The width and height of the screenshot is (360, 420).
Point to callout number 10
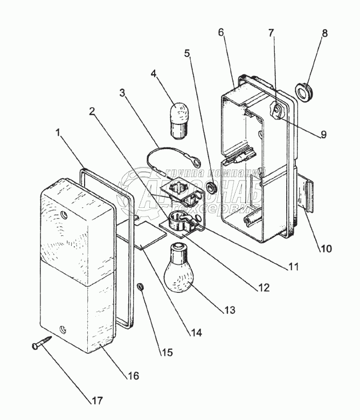click(326, 248)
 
